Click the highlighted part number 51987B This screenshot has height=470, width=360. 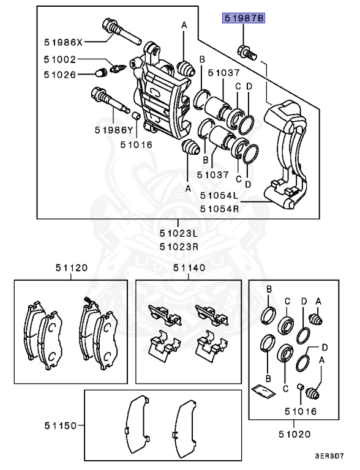[244, 20]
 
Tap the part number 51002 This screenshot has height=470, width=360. [60, 60]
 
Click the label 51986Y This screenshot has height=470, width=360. [114, 130]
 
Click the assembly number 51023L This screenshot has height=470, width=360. [178, 233]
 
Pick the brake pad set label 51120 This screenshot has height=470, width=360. [70, 267]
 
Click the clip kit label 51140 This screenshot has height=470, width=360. [189, 267]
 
